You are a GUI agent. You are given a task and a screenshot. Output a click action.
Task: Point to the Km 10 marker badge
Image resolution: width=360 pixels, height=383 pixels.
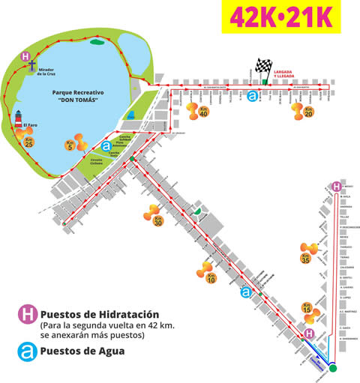point(211,280)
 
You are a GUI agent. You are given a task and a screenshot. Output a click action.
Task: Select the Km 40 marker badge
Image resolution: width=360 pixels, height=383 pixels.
point(203,112)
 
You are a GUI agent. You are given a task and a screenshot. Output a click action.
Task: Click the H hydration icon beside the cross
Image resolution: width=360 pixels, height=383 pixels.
point(25,56)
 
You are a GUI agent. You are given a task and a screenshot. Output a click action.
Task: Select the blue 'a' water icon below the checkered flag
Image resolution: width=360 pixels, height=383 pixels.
point(253,97)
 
